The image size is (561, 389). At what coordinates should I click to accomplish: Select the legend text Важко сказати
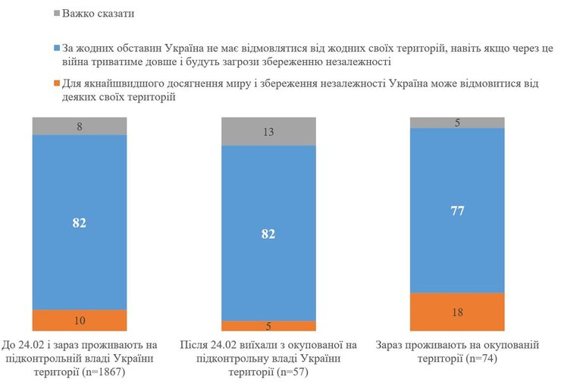point(101,14)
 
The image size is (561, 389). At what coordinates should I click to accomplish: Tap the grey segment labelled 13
point(268,131)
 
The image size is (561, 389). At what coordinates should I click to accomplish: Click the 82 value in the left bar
point(79,222)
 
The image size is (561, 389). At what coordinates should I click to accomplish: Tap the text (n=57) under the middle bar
point(288,373)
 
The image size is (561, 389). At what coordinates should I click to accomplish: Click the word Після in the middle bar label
point(194,346)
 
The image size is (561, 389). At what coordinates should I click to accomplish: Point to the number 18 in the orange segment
point(458,312)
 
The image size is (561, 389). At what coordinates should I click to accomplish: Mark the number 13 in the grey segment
point(268,131)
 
